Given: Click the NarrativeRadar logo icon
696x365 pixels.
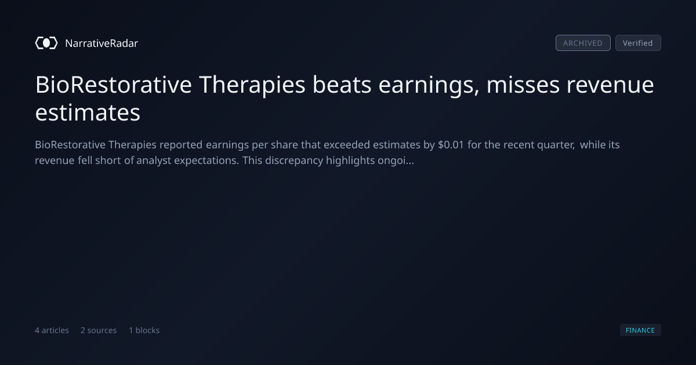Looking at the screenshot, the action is click(46, 43).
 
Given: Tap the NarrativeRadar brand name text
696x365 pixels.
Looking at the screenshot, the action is click(101, 43).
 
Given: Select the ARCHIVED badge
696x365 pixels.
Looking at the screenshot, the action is click(583, 43).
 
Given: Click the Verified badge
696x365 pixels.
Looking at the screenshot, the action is click(638, 43).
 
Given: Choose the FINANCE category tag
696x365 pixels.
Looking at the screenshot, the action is click(640, 330).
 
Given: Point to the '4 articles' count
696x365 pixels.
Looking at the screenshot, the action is click(52, 330).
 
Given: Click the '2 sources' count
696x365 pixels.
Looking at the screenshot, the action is click(99, 330).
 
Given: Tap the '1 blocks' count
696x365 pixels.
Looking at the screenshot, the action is click(144, 330).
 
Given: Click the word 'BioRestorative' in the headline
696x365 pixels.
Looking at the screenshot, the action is click(114, 85).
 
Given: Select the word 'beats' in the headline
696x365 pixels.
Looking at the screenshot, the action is click(342, 85).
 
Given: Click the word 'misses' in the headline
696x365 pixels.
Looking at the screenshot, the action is click(523, 85).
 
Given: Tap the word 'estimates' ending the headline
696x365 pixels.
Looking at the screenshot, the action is click(88, 112).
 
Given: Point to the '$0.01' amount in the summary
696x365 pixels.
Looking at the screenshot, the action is click(451, 145).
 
